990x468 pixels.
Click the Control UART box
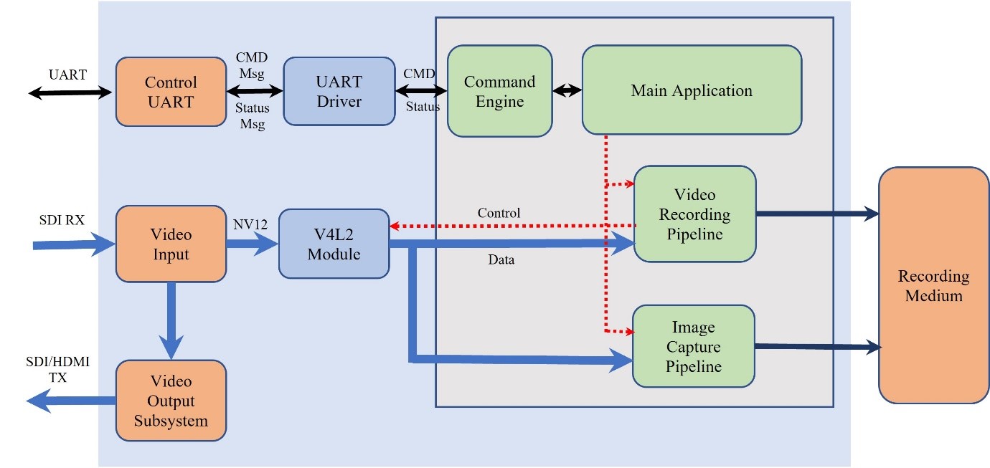click(x=171, y=92)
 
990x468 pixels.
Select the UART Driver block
click(x=339, y=92)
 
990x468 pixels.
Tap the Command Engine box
click(x=499, y=91)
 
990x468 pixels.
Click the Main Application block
click(x=691, y=90)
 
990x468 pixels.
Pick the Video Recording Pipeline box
click(x=694, y=214)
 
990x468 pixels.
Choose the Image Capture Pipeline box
click(x=693, y=347)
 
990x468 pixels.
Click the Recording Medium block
click(x=933, y=285)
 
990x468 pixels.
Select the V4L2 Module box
click(x=334, y=244)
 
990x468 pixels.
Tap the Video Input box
click(x=171, y=244)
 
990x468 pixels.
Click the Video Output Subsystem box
click(x=171, y=401)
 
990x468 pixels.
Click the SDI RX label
click(x=62, y=220)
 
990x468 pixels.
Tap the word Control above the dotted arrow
click(x=499, y=213)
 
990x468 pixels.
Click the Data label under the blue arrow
click(x=500, y=260)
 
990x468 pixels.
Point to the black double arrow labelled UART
click(x=70, y=92)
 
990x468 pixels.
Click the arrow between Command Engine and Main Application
click(x=567, y=91)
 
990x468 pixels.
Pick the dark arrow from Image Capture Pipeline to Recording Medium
click(x=817, y=347)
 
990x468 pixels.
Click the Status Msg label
click(x=253, y=116)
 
